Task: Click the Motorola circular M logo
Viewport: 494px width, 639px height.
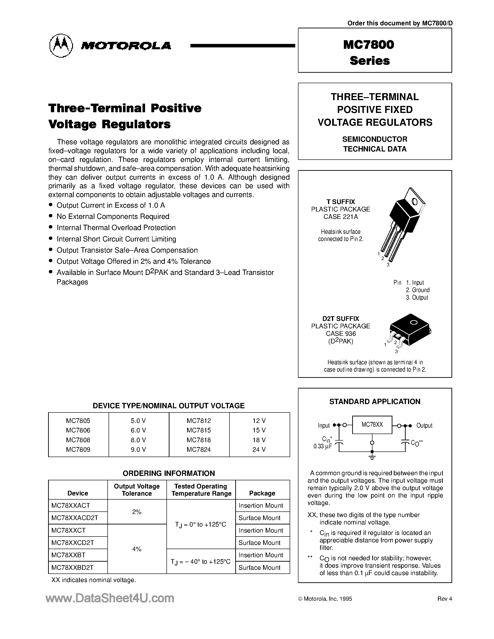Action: coord(61,45)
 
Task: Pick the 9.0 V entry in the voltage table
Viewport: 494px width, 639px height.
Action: coord(138,449)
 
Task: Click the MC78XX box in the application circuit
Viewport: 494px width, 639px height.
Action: coord(372,425)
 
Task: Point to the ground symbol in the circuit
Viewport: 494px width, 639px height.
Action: coord(372,457)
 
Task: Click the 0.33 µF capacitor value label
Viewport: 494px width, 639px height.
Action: coord(322,446)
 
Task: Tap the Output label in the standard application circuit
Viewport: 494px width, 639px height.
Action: coord(424,425)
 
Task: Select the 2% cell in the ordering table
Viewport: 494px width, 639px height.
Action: coord(137,512)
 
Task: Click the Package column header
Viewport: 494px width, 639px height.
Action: coord(262,493)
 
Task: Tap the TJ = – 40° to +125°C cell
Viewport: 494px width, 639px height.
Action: coord(201,561)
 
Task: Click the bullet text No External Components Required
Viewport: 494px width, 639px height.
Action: coord(113,217)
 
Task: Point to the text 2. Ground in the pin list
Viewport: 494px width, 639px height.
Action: coord(418,290)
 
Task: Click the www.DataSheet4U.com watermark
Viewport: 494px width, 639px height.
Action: coord(110,598)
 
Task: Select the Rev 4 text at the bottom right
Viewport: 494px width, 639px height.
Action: coord(444,599)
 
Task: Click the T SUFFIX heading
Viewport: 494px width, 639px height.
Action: coord(341,202)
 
